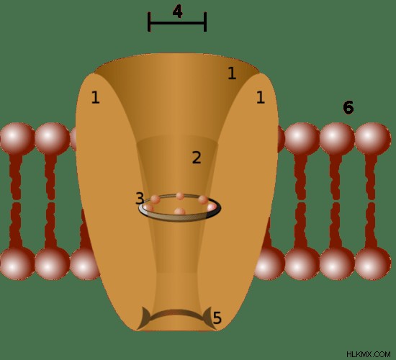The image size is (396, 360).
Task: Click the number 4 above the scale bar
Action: tap(178, 12)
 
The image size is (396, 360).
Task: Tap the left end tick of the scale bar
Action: tap(149, 22)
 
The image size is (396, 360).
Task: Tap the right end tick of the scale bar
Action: tap(205, 22)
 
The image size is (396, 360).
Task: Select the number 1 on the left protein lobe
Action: tap(95, 97)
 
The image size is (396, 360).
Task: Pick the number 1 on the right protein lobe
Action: tap(261, 97)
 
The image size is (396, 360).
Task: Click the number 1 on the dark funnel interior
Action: tap(232, 73)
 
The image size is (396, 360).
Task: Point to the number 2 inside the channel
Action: tap(197, 158)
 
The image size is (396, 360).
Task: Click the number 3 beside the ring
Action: tap(140, 198)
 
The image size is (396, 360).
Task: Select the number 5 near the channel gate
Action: tap(217, 318)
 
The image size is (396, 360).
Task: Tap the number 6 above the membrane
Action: tap(348, 107)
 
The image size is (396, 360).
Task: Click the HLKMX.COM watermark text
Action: tap(369, 354)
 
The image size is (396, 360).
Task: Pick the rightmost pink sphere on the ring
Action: tap(212, 207)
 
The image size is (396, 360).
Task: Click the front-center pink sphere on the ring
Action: tap(179, 212)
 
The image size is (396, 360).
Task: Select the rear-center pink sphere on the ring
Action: tap(180, 196)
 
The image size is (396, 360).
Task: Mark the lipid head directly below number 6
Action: tap(337, 139)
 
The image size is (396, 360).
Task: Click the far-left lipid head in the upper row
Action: tap(17, 139)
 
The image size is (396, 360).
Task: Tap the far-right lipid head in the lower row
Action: tap(372, 264)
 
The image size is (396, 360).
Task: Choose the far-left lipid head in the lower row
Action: tap(17, 264)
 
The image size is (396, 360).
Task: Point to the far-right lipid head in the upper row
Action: tap(372, 139)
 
